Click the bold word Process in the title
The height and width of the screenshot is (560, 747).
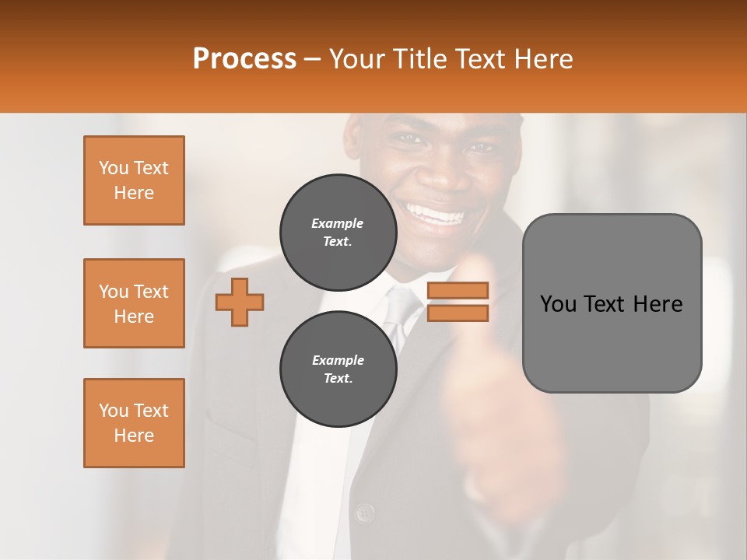(x=244, y=58)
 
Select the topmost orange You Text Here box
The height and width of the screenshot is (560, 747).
(x=134, y=180)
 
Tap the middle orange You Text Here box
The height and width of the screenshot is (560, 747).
(x=134, y=303)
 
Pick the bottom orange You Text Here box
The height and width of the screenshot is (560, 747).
(x=134, y=423)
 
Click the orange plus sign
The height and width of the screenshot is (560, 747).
(x=240, y=302)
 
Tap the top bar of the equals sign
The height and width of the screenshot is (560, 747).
(x=458, y=291)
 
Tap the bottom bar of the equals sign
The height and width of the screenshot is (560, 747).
(x=458, y=313)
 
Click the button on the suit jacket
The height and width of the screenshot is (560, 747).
(x=363, y=513)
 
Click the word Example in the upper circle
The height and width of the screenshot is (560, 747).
(x=338, y=223)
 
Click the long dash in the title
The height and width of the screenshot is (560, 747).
(x=313, y=58)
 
